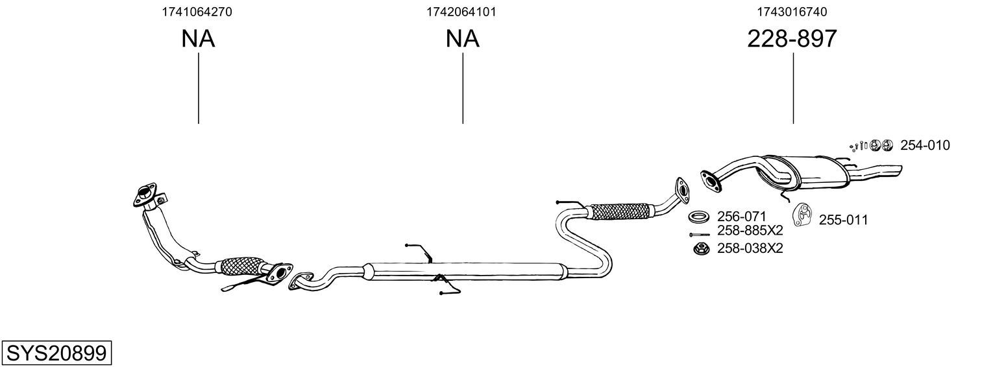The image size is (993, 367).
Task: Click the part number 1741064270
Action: pos(197,12)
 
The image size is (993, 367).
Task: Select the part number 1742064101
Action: pos(461,12)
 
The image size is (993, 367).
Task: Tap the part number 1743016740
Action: pos(792,12)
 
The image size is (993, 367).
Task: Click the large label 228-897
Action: pos(792,39)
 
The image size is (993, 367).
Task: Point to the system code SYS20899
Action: pos(56,353)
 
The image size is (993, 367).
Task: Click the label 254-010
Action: pos(924,145)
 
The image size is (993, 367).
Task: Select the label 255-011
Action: pos(843,220)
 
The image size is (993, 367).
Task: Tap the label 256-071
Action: pos(742,216)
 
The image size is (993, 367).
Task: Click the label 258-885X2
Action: pos(750,230)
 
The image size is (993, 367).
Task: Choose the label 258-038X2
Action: pos(750,248)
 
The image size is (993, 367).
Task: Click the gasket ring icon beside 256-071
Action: pos(699,216)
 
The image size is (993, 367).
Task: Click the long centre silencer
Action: pos(464,271)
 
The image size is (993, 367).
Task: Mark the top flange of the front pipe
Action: pos(145,193)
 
